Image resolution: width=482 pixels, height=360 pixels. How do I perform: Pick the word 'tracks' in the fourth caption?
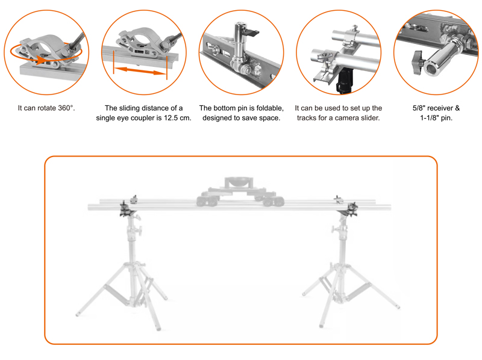tap(308, 118)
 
